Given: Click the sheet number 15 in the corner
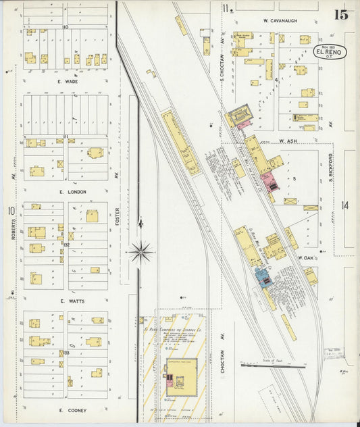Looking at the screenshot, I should (340, 14).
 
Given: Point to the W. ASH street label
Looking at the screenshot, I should (288, 141).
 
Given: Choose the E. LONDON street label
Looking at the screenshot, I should (72, 192).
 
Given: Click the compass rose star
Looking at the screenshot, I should (140, 253).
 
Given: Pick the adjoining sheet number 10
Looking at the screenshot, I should (11, 211).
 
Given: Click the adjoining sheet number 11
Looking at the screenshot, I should (229, 8).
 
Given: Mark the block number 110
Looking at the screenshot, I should (66, 27).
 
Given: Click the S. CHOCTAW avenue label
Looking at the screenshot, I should (222, 43).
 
